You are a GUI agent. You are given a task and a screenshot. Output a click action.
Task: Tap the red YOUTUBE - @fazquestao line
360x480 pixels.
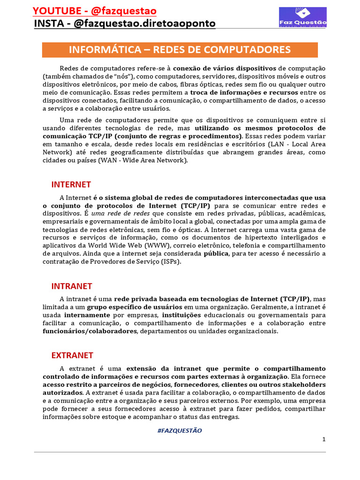click(x=95, y=11)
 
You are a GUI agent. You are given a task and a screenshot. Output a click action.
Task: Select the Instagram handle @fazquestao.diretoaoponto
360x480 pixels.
click(x=125, y=23)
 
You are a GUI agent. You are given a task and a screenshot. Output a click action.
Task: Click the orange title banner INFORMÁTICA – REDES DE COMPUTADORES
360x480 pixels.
click(x=180, y=50)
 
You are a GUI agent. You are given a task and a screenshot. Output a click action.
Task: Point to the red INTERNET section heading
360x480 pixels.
click(x=71, y=184)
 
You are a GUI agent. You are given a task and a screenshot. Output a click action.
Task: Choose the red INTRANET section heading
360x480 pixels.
click(x=72, y=286)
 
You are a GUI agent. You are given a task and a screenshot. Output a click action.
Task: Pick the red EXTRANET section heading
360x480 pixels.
click(x=72, y=355)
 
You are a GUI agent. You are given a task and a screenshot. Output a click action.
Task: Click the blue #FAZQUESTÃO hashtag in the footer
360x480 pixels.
click(x=180, y=430)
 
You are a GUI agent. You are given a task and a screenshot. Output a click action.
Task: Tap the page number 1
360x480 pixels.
click(x=324, y=439)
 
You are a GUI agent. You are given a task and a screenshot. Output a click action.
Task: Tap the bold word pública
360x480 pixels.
click(x=216, y=254)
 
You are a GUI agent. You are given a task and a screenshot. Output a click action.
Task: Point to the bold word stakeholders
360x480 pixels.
click(x=304, y=385)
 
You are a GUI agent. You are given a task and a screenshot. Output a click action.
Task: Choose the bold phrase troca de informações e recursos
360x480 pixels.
click(x=240, y=92)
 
